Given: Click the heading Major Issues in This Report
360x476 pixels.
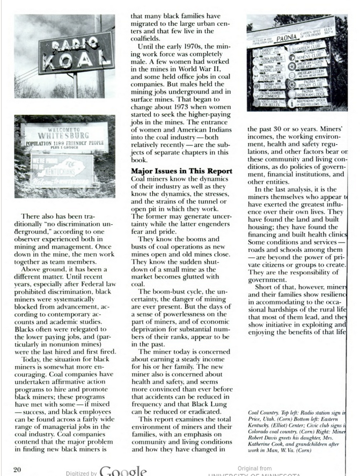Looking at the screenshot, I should pos(182,171).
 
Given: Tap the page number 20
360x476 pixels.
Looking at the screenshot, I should pos(17,470).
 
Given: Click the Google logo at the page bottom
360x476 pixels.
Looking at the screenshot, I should pos(123,471).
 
